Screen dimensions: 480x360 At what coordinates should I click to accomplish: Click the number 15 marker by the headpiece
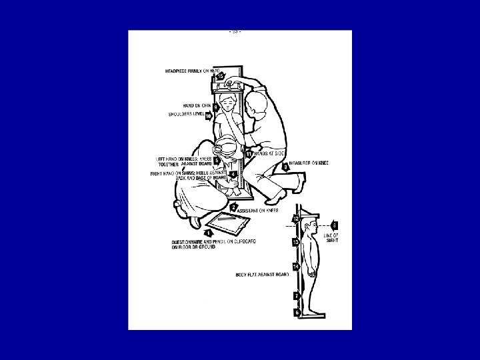pyautogui.click(x=220, y=77)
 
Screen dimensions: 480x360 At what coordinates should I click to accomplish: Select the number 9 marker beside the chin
pyautogui.click(x=216, y=107)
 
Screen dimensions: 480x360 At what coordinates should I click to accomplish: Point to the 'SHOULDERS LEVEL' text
pyautogui.click(x=185, y=115)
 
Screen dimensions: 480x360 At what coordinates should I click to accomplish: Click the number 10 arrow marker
pyautogui.click(x=209, y=116)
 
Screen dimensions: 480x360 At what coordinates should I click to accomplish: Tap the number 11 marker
pyautogui.click(x=249, y=154)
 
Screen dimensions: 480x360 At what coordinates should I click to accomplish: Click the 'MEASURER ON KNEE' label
pyautogui.click(x=309, y=163)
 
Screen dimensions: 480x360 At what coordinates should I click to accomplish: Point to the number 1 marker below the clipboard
pyautogui.click(x=209, y=233)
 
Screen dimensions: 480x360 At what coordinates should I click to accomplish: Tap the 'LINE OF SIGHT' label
pyautogui.click(x=331, y=237)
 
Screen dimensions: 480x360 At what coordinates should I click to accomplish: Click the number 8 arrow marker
pyautogui.click(x=335, y=225)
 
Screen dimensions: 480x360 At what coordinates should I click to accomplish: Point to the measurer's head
pyautogui.click(x=256, y=107)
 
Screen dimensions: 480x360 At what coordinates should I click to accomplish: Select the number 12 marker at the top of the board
pyautogui.click(x=295, y=219)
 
